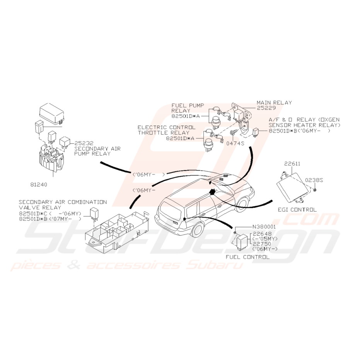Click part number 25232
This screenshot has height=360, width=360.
84,143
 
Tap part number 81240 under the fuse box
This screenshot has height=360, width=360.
39,184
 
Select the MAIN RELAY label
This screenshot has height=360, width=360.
274,102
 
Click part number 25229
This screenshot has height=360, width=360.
266,108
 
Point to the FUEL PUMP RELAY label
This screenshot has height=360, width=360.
188,108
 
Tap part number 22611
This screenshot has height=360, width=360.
292,164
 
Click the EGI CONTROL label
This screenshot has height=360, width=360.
297,210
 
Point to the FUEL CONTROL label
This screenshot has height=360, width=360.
247,257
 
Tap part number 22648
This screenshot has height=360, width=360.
262,234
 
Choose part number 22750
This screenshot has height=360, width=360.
262,244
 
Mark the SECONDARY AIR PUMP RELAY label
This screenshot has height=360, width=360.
97,151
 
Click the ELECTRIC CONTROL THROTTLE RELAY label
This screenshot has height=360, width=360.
166,130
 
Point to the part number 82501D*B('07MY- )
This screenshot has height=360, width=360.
50,219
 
